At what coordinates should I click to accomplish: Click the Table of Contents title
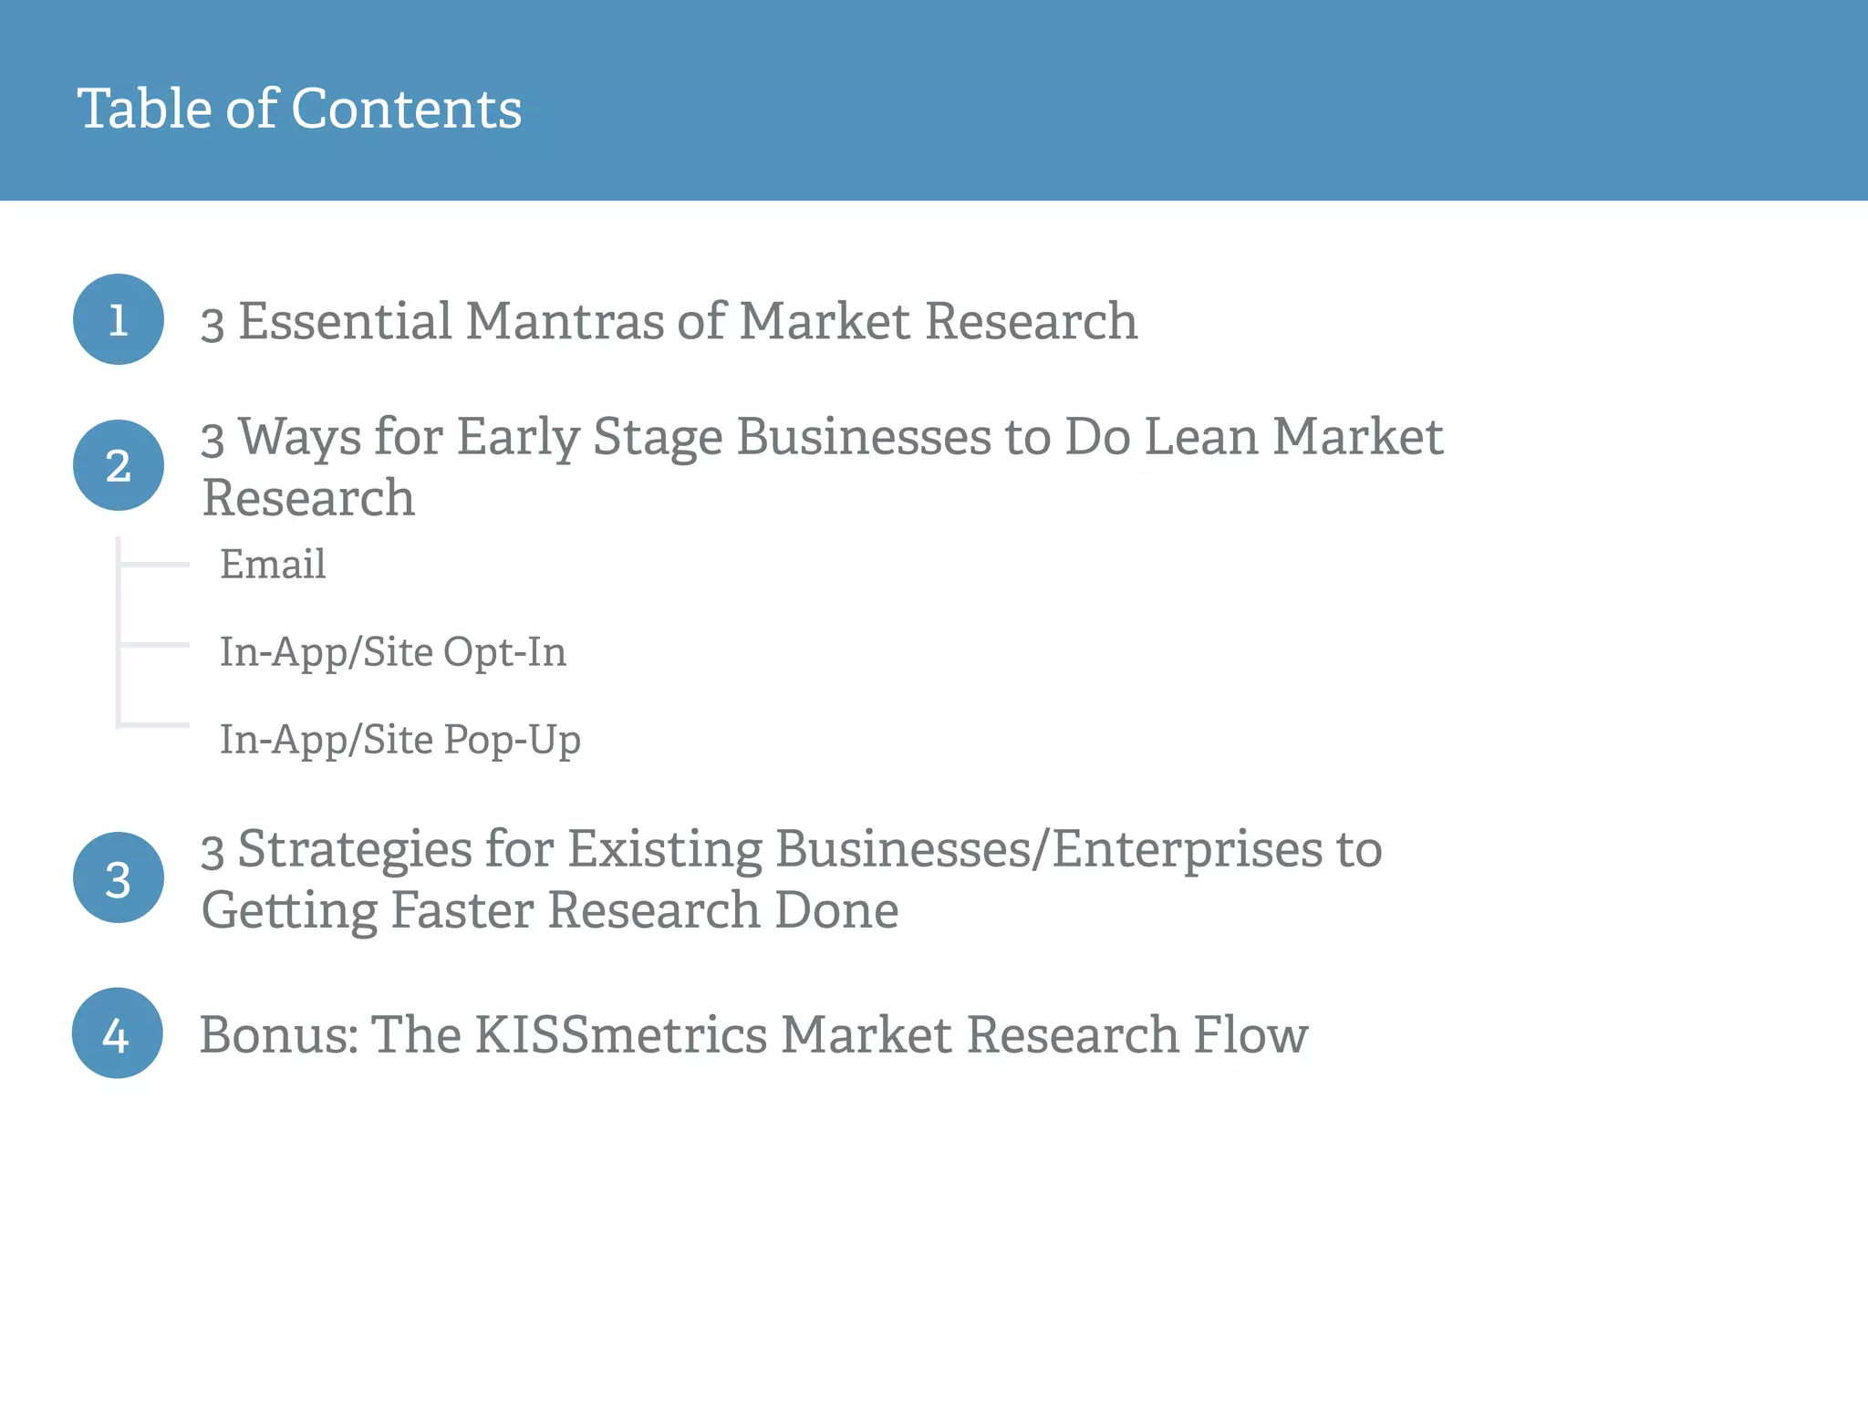point(299,109)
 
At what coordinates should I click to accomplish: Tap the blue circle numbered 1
point(119,319)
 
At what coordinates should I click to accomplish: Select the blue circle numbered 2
point(119,465)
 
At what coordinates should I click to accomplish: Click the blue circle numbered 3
point(119,877)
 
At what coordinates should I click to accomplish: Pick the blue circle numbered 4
point(118,1033)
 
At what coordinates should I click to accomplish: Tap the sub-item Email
point(273,564)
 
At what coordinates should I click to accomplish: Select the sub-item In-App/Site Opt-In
point(393,651)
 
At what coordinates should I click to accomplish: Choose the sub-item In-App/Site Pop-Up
point(400,739)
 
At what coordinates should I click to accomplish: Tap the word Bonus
point(278,1034)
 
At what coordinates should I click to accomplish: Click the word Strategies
point(355,850)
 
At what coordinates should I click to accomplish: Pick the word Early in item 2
point(518,436)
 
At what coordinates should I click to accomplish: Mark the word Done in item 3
point(835,910)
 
